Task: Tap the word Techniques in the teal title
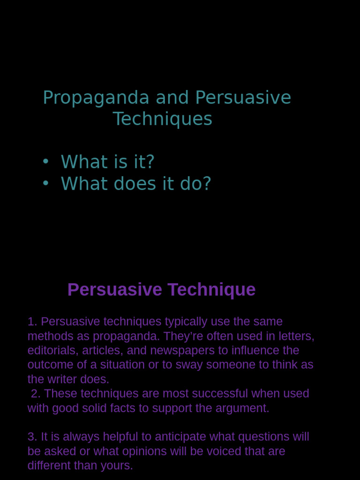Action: tap(162, 119)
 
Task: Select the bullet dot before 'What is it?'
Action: tap(45, 161)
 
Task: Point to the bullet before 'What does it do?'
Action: tap(45, 183)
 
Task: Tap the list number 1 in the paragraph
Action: tap(31, 322)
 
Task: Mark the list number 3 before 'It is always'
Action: tap(31, 437)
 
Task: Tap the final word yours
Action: tap(118, 466)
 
